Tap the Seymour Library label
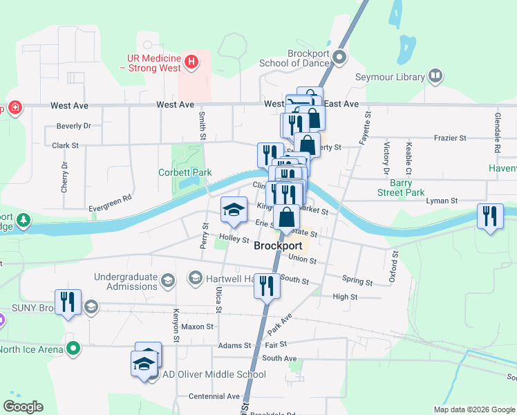(391, 77)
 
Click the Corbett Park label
(185, 172)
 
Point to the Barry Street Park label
(396, 187)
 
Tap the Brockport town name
(278, 246)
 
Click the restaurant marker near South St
(267, 286)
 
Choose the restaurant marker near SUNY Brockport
(68, 302)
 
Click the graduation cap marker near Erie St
(234, 210)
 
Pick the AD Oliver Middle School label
(213, 375)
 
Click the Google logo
(23, 407)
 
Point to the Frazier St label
(450, 138)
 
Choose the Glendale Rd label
(497, 132)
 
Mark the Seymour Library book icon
(435, 75)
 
